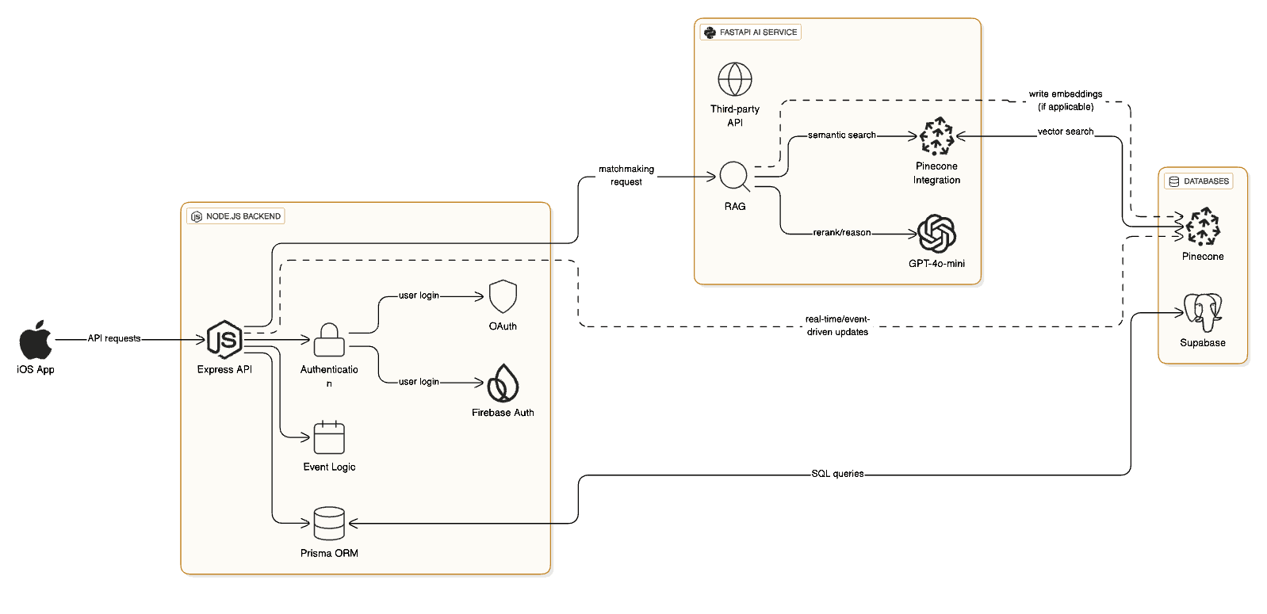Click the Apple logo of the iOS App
click(36, 341)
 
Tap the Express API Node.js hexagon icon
click(224, 340)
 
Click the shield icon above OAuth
click(503, 297)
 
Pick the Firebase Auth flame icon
click(503, 383)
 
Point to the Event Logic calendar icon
click(329, 437)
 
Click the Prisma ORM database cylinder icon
click(329, 524)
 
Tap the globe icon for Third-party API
click(735, 79)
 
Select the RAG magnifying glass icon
click(734, 177)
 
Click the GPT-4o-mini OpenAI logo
click(936, 234)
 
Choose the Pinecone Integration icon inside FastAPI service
click(936, 136)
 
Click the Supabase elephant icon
click(1203, 313)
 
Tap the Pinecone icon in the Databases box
click(1203, 227)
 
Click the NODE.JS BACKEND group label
click(235, 216)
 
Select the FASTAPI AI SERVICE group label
click(750, 32)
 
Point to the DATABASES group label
click(1198, 181)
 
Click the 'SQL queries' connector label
click(837, 474)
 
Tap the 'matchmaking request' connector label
click(626, 175)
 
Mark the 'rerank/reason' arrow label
click(841, 233)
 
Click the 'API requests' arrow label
click(114, 338)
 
